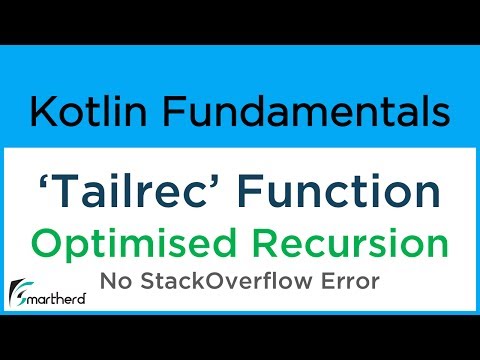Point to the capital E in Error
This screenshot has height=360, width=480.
point(325,283)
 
